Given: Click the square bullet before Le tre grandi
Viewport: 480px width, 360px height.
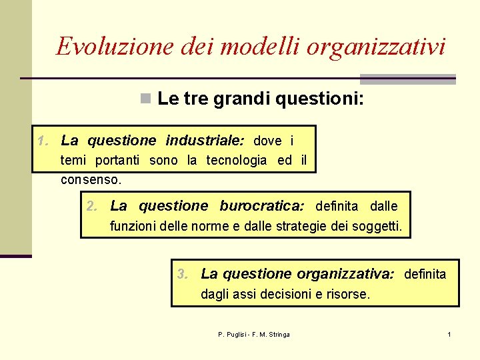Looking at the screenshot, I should click(144, 100).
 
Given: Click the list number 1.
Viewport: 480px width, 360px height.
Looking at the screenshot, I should click(43, 141).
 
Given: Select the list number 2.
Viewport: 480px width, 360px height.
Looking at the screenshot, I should click(93, 206).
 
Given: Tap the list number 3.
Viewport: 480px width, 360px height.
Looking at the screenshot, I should click(183, 273).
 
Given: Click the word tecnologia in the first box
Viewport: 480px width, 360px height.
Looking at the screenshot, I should click(236, 160).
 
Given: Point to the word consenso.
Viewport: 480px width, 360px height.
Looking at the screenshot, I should click(91, 179).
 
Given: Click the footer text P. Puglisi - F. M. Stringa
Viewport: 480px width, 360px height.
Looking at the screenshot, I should click(253, 334).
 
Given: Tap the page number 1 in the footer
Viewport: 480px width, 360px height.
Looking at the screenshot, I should click(449, 334).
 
